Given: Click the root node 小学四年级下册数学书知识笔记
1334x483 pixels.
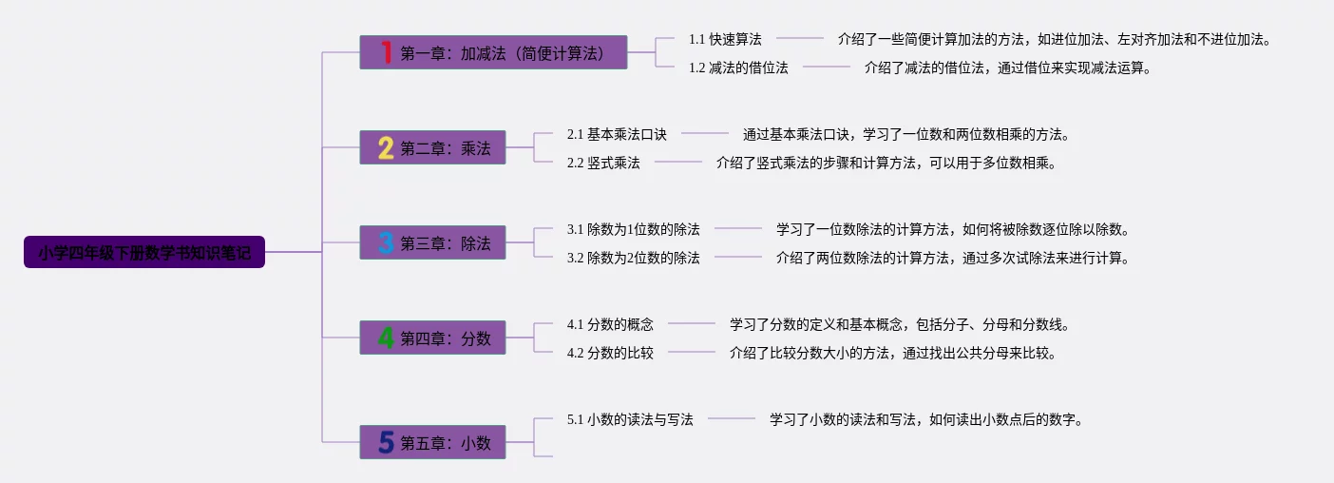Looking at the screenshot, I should click(x=144, y=252).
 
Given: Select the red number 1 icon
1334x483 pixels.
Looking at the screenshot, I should click(x=386, y=52).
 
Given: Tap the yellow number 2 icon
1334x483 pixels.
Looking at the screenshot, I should click(x=386, y=147).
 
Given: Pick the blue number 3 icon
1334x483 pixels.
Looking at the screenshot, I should click(x=386, y=242).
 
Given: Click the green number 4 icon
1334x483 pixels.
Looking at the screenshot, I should click(x=386, y=338).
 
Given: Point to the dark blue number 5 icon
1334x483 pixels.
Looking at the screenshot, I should click(x=386, y=442).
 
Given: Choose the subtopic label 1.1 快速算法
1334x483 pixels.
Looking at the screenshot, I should click(x=725, y=39).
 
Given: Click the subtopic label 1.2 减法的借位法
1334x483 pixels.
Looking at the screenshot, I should click(x=738, y=68).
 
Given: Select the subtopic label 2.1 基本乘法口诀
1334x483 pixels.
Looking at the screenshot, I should click(x=617, y=134).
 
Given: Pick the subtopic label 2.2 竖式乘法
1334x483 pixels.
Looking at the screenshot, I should click(x=603, y=163).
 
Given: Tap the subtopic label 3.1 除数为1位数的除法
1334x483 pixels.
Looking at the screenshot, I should click(x=633, y=229).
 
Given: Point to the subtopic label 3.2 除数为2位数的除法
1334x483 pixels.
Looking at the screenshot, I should click(x=633, y=258).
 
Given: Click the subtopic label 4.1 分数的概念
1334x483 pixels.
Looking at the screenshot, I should click(x=610, y=324).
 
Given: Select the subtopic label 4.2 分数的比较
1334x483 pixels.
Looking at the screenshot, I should click(x=610, y=353).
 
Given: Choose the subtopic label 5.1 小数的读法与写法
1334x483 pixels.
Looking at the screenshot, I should click(x=630, y=419).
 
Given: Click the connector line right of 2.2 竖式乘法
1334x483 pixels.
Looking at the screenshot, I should click(x=678, y=163).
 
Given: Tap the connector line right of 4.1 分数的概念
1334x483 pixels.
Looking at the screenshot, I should click(x=692, y=324).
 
